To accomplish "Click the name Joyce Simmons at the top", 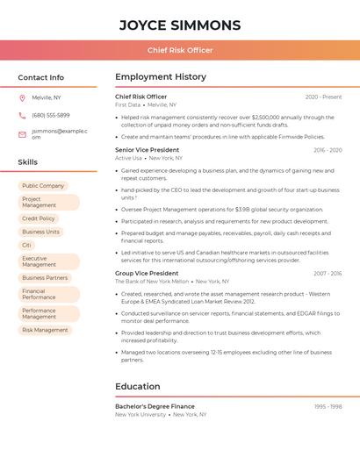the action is [180, 25].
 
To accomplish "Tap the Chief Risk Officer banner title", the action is [180, 50].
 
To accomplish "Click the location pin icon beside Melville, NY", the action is [22, 97].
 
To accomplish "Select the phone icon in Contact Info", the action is [22, 116].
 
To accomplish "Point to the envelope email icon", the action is [22, 134].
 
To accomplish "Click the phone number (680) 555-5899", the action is [51, 116].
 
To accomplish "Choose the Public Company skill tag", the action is [43, 186].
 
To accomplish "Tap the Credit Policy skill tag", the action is [39, 218].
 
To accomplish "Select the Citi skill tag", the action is [27, 246].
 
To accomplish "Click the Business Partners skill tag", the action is [45, 278].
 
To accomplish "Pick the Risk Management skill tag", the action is [45, 330].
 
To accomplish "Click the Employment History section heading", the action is [161, 77].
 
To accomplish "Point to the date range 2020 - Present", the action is [323, 97].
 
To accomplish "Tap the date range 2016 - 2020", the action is [327, 150].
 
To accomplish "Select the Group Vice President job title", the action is [147, 274].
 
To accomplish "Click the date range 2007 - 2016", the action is [327, 274].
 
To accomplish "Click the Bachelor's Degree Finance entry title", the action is [155, 407].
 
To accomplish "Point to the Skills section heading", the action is [28, 162].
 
